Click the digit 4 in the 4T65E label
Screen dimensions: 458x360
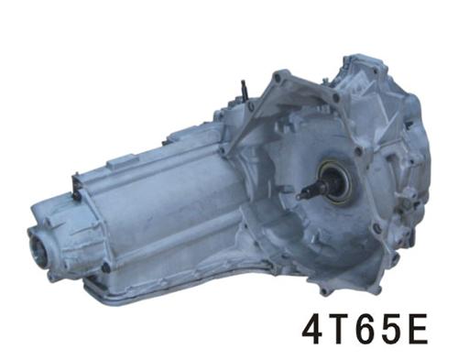point(313,332)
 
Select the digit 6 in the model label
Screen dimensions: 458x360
point(363,332)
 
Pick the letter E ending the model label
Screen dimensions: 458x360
point(417,332)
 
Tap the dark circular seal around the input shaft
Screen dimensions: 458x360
point(334,182)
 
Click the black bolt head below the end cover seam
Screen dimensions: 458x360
point(106,267)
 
